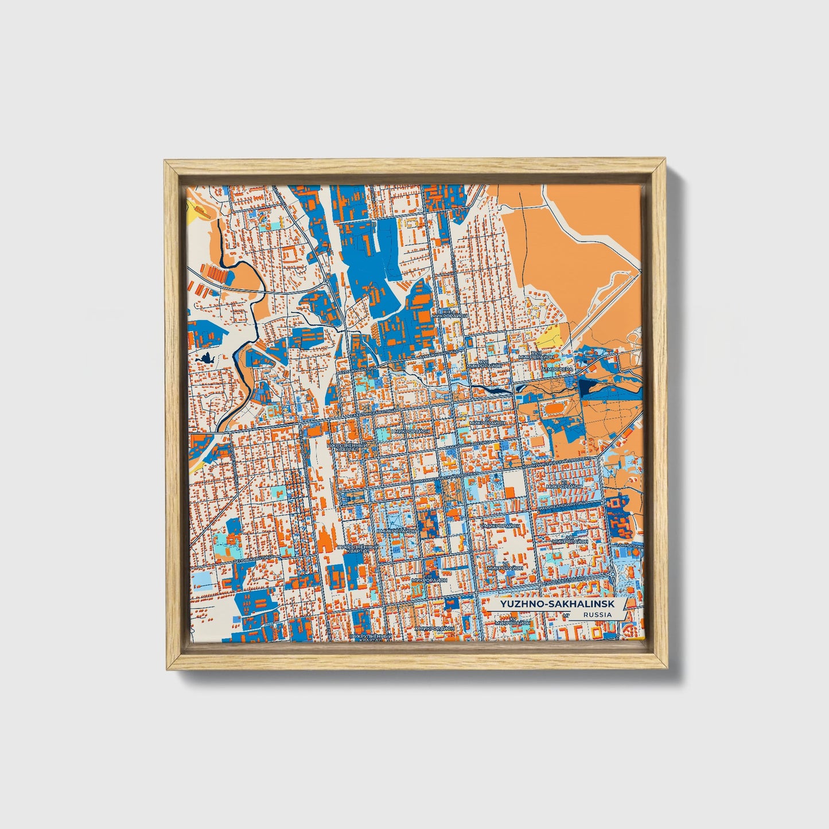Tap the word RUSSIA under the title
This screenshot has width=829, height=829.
(598, 614)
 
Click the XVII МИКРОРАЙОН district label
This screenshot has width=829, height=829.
(485, 364)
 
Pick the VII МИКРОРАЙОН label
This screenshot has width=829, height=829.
(563, 485)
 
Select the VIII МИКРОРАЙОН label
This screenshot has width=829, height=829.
(570, 539)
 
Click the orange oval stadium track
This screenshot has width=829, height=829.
(554, 408)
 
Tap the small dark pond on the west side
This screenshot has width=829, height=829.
(205, 360)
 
